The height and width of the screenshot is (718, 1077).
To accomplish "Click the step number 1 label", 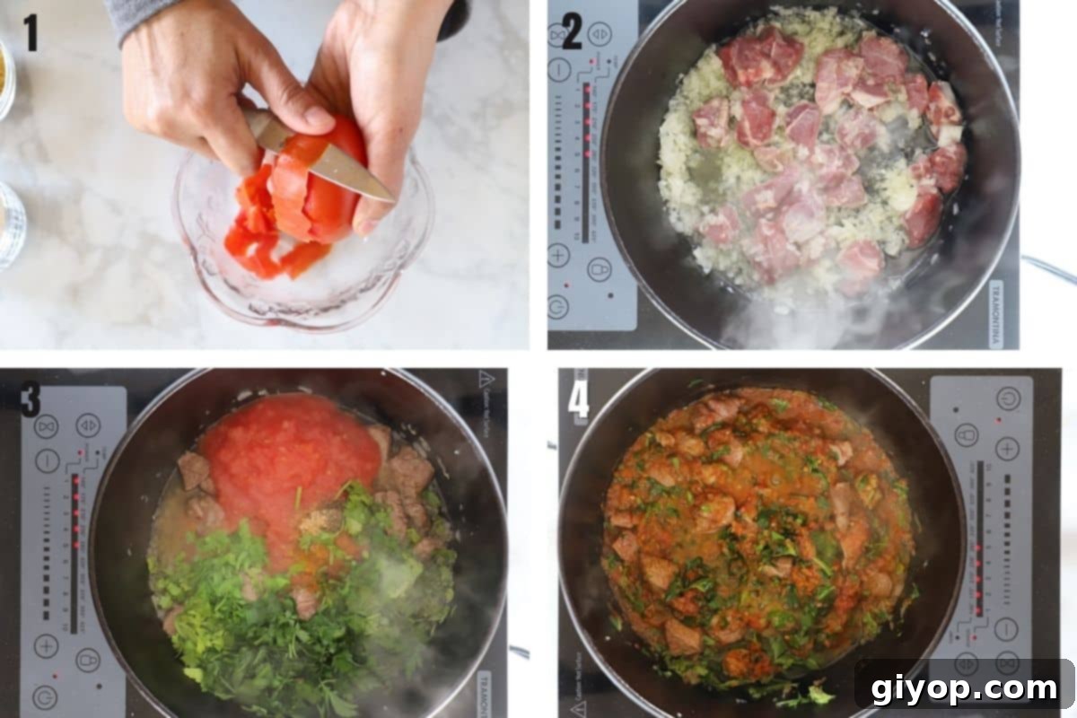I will click(31, 32).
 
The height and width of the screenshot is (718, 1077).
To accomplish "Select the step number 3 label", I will click(31, 399).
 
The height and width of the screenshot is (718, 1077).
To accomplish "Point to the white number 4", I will click(579, 399).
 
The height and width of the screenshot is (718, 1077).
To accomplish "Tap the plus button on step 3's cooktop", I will click(46, 645).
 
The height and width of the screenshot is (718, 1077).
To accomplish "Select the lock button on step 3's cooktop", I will click(87, 660).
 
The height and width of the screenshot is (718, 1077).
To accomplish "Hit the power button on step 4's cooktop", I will click(1007, 398).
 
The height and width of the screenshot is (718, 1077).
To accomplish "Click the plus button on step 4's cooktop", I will click(1007, 449).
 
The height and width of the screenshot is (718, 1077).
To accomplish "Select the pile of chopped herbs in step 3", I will click(269, 592).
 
